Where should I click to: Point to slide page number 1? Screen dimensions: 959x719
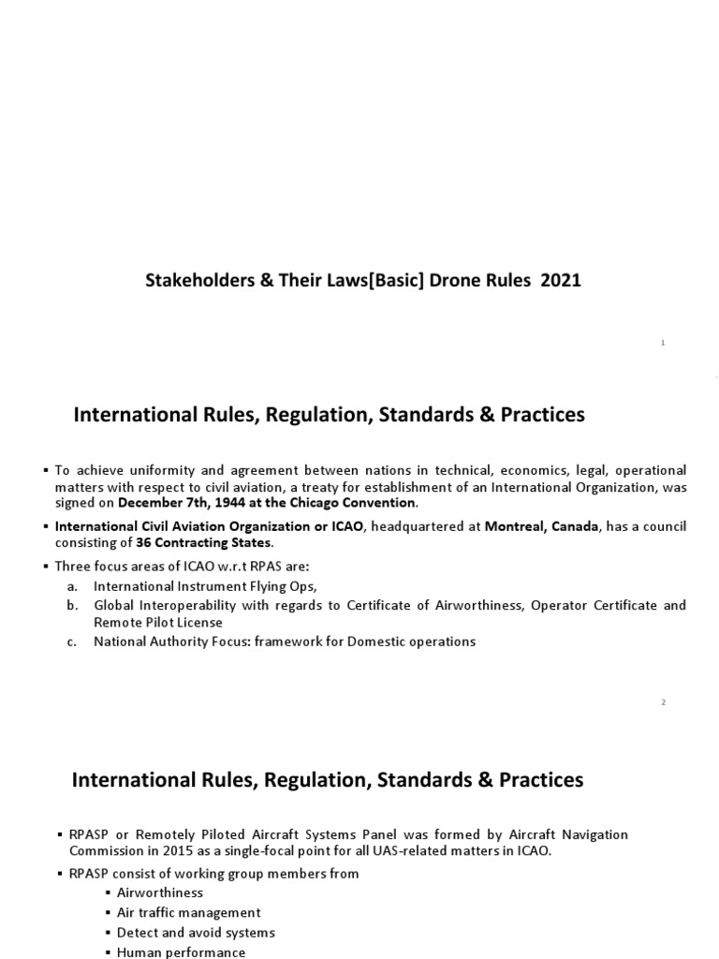[663, 344]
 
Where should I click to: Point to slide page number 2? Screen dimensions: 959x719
[663, 703]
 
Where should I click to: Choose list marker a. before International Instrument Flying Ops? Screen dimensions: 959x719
[72, 585]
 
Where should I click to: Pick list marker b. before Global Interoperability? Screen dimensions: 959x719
[72, 605]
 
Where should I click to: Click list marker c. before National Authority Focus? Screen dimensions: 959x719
[72, 642]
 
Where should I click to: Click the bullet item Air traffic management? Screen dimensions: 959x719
[188, 912]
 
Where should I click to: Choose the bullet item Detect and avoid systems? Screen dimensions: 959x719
[195, 933]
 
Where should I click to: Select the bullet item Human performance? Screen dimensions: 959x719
[181, 952]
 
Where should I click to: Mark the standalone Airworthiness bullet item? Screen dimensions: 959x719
[159, 893]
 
